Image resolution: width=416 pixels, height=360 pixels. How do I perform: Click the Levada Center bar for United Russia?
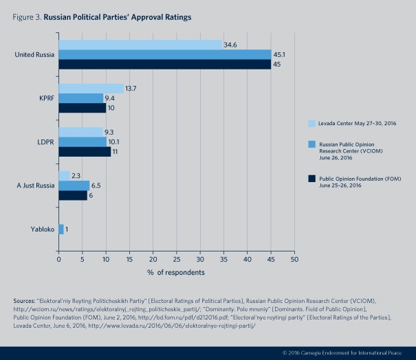point(140,45)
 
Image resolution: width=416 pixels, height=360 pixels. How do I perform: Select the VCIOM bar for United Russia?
point(165,54)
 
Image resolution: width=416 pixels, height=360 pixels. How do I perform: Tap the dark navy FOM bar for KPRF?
point(83,108)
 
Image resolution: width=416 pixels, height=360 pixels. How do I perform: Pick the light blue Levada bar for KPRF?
point(91,89)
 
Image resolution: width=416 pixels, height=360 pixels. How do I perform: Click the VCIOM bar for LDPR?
point(83,142)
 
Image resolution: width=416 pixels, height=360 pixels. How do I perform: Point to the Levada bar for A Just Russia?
point(64,176)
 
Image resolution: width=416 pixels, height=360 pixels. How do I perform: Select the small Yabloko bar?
point(61,229)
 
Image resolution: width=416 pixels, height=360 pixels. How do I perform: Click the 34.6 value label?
point(231,45)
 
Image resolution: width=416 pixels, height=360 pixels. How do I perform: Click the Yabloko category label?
point(36,229)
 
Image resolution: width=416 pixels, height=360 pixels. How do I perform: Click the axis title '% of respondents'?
point(176,273)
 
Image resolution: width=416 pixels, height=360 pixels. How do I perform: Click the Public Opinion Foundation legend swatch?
point(311,179)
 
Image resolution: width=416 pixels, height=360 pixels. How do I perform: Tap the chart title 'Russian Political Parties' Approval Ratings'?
point(117,14)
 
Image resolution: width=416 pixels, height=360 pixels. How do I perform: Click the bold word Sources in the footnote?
point(25,301)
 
